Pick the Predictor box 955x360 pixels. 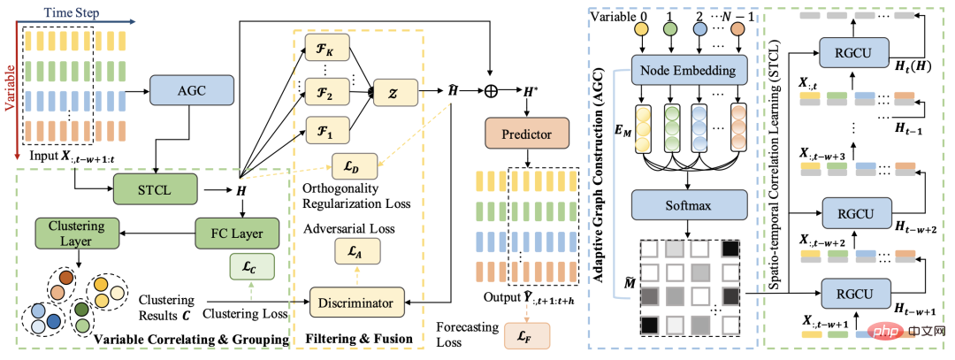tap(527, 135)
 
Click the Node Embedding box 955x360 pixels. tap(690, 70)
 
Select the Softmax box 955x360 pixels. tap(690, 205)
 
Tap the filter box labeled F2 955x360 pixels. tap(328, 92)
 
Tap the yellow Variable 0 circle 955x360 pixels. tap(641, 28)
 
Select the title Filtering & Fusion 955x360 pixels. tap(362, 338)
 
